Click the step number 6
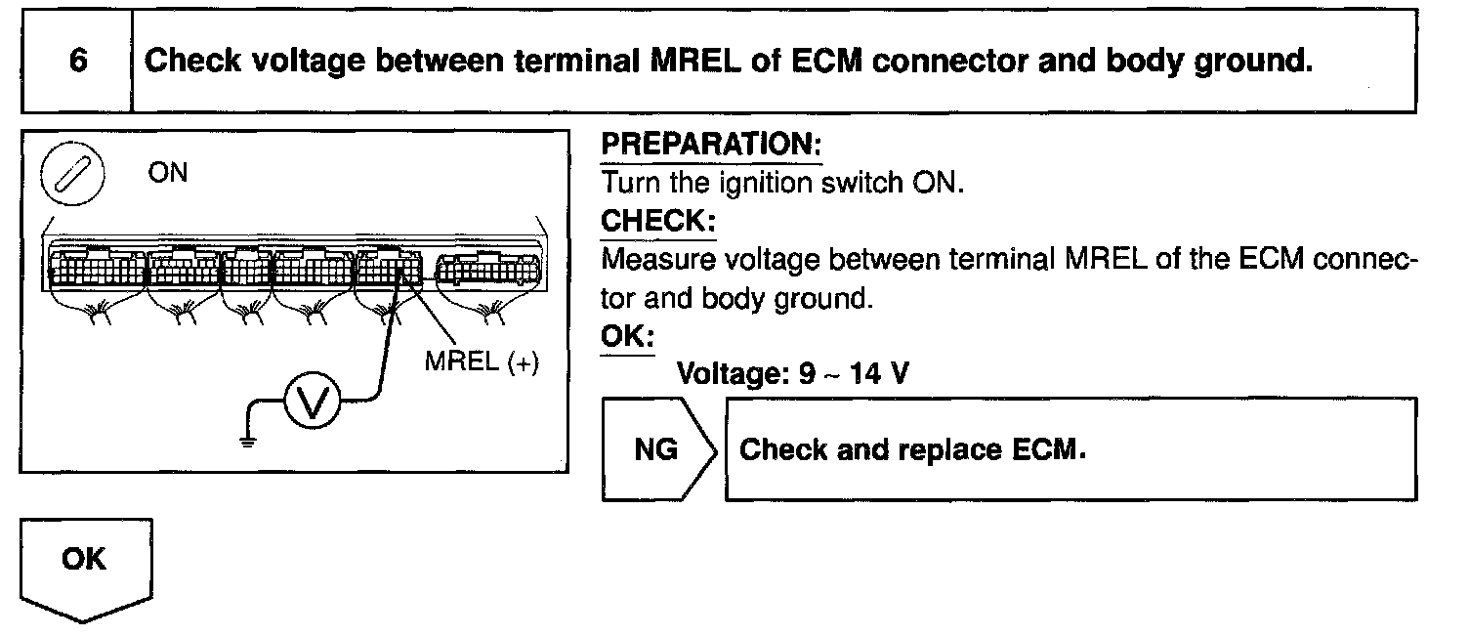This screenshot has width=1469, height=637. (x=77, y=61)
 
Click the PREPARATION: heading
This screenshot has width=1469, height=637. (x=710, y=146)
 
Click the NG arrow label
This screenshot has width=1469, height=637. (x=655, y=450)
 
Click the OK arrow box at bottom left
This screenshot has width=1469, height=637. (x=84, y=562)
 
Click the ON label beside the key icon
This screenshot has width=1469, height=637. (x=168, y=174)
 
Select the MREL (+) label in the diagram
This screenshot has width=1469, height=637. (x=482, y=362)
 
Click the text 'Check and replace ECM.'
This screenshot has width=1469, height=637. (x=913, y=450)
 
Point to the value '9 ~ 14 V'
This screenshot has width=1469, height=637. (x=853, y=374)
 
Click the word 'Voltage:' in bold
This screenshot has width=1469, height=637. (x=733, y=374)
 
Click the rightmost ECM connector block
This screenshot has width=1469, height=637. (x=486, y=267)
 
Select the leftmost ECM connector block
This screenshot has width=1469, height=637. (x=95, y=266)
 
